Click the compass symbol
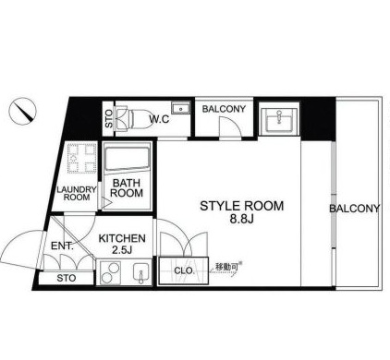(x=22, y=111)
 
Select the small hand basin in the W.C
(x=180, y=109)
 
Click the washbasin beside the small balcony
(x=279, y=119)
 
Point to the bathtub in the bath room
(x=127, y=158)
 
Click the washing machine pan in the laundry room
(x=82, y=158)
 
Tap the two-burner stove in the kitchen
(x=110, y=272)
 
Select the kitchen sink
(x=140, y=273)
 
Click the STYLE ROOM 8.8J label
(x=242, y=211)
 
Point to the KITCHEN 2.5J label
(x=122, y=244)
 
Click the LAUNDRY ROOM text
(x=77, y=194)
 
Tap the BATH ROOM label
(x=127, y=188)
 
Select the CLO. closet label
(x=184, y=270)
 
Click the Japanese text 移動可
(x=226, y=267)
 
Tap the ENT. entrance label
(x=62, y=246)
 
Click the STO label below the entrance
(x=67, y=278)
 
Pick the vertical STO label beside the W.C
(x=109, y=119)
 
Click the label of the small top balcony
(x=224, y=109)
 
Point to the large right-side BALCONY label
(x=354, y=209)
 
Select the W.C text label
(x=159, y=119)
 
